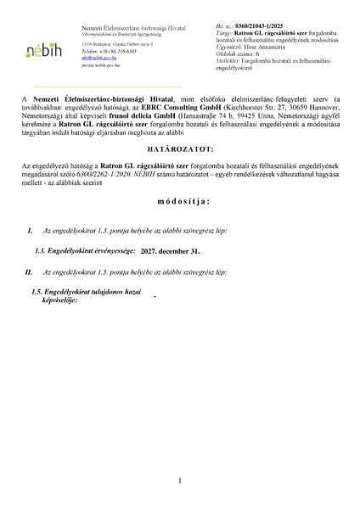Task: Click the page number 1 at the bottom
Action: point(180,479)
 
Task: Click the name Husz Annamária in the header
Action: point(255,51)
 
